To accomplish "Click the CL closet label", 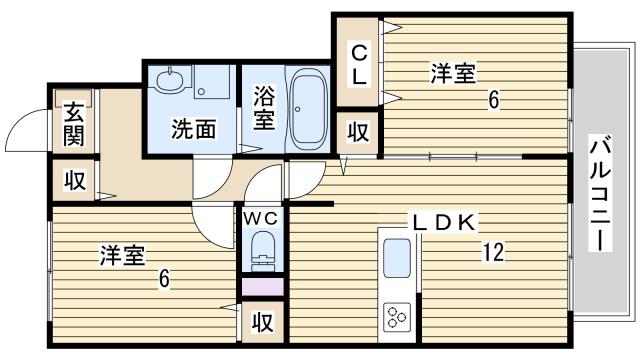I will (x=358, y=64).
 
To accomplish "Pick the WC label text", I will (x=262, y=215).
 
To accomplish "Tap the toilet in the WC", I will (x=262, y=249).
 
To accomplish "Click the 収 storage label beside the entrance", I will (x=73, y=181).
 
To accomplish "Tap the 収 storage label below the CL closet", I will (x=357, y=131).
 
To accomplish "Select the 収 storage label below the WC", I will (x=262, y=322).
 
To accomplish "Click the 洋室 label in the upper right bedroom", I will (x=453, y=73).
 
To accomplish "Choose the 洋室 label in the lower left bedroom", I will (x=121, y=256).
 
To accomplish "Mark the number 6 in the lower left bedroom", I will (x=162, y=277).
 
